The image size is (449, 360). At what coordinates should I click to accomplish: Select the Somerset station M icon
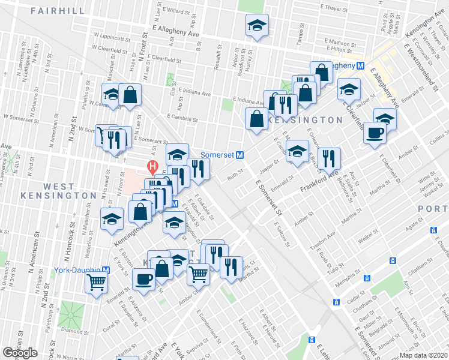pos(240,155)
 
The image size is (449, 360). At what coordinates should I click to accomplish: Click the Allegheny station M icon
pos(361,66)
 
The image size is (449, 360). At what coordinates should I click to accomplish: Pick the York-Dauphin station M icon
pos(106,270)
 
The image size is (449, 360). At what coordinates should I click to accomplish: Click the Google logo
pos(20,353)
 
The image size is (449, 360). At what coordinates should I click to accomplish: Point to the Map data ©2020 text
pos(423,355)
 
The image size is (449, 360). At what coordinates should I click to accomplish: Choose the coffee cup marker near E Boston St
pos(144,279)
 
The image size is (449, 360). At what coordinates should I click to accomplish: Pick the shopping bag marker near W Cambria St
pos(130,94)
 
